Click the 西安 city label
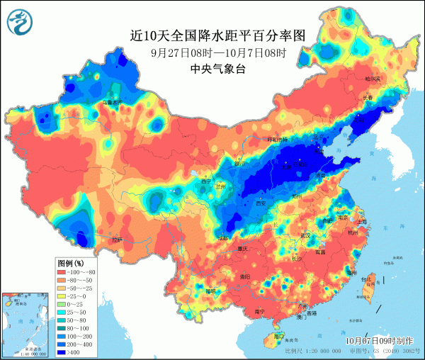[x=260, y=203]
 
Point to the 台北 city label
[x=366, y=279]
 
